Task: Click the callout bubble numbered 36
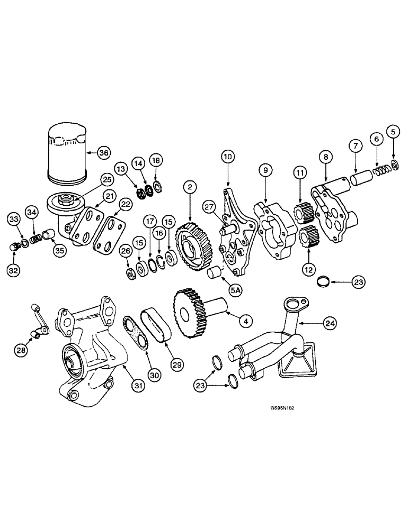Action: pyautogui.click(x=104, y=153)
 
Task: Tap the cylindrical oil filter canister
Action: pyautogui.click(x=67, y=153)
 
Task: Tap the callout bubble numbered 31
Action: pyautogui.click(x=138, y=386)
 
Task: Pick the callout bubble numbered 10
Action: pyautogui.click(x=228, y=157)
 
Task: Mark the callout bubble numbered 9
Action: pyautogui.click(x=265, y=170)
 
